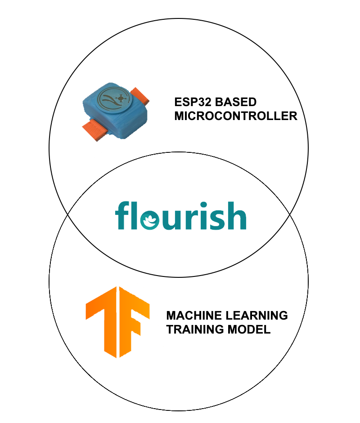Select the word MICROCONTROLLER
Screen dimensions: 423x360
click(x=235, y=116)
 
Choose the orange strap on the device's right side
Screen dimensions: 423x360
click(x=142, y=96)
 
